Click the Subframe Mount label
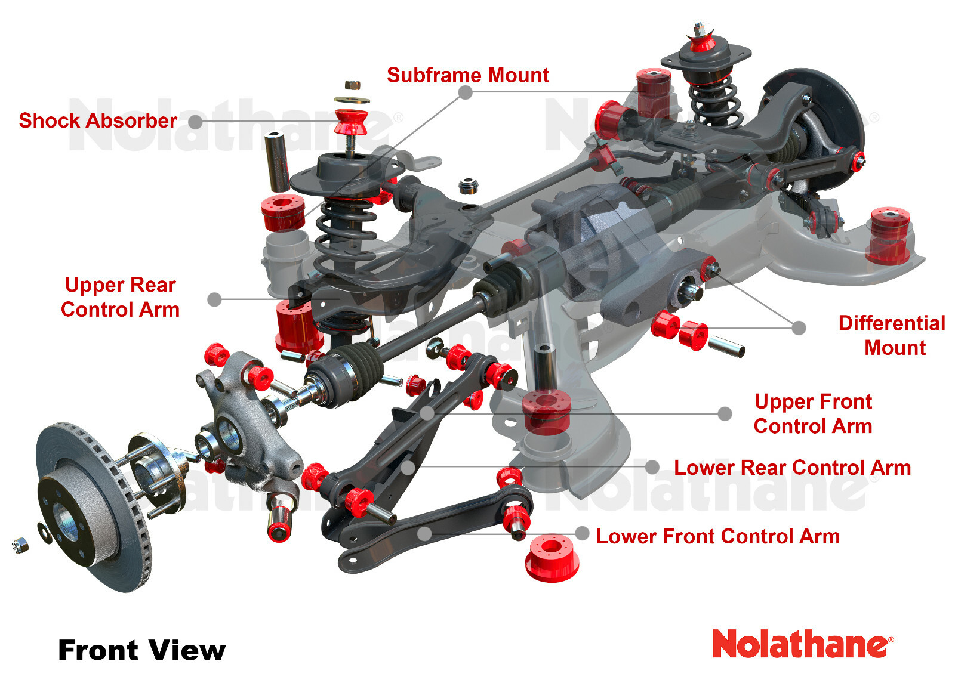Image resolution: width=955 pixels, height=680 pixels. pyautogui.click(x=468, y=75)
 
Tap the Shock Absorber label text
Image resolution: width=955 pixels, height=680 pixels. pyautogui.click(x=98, y=120)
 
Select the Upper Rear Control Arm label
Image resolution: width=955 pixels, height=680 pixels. pyautogui.click(x=120, y=297)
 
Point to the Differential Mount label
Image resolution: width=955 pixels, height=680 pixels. pyautogui.click(x=892, y=335)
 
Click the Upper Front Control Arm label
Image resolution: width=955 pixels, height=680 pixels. pyautogui.click(x=813, y=414)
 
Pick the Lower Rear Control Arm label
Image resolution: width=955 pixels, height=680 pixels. pyautogui.click(x=792, y=468)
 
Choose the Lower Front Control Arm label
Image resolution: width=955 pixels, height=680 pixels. pyautogui.click(x=717, y=536)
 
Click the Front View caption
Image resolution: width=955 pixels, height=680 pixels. pyautogui.click(x=142, y=650)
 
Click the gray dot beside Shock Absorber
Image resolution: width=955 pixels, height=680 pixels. pyautogui.click(x=195, y=122)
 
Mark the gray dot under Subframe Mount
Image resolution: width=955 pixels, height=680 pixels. pyautogui.click(x=466, y=92)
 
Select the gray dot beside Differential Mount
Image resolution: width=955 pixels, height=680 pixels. pyautogui.click(x=799, y=327)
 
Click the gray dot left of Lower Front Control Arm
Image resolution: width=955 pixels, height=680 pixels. pyautogui.click(x=582, y=533)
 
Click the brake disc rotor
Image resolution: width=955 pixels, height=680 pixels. pyautogui.click(x=90, y=507)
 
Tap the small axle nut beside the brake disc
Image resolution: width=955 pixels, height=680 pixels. pyautogui.click(x=20, y=544)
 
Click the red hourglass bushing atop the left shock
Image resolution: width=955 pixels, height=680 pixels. pyautogui.click(x=351, y=121)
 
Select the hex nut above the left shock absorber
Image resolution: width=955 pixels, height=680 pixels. pyautogui.click(x=352, y=85)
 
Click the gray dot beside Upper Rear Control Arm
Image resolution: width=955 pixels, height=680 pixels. pyautogui.click(x=214, y=299)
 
